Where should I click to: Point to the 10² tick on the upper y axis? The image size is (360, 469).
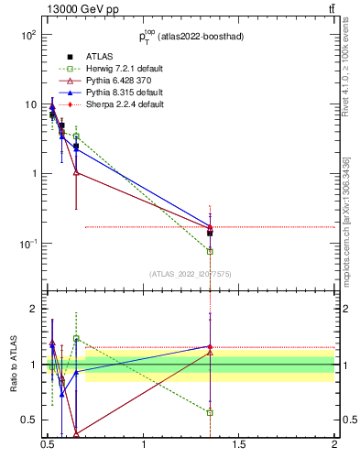tap(27, 35)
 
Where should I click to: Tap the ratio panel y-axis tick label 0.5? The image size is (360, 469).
tap(30, 420)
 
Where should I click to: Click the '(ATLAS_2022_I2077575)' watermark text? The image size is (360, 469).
tap(191, 273)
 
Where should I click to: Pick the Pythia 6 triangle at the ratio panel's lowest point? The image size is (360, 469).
tap(76, 434)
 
